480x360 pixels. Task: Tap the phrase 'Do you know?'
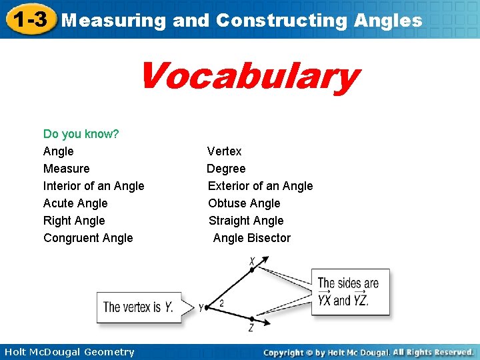[81, 134]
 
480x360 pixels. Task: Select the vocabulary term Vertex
[224, 151]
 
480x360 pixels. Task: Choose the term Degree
[226, 169]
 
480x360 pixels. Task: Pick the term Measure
[66, 169]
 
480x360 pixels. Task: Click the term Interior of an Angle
[93, 186]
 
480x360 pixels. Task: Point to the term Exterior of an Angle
[260, 186]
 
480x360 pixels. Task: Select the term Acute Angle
[75, 203]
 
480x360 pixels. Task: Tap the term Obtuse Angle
[244, 203]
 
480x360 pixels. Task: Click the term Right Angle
[74, 221]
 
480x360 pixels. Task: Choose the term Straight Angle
[246, 221]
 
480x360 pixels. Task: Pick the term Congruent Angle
[88, 238]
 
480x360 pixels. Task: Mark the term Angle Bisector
[252, 238]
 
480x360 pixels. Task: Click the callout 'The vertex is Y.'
[139, 307]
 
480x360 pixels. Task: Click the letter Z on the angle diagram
[251, 328]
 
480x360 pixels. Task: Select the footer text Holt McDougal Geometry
[69, 352]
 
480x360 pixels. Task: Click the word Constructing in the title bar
[280, 20]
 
